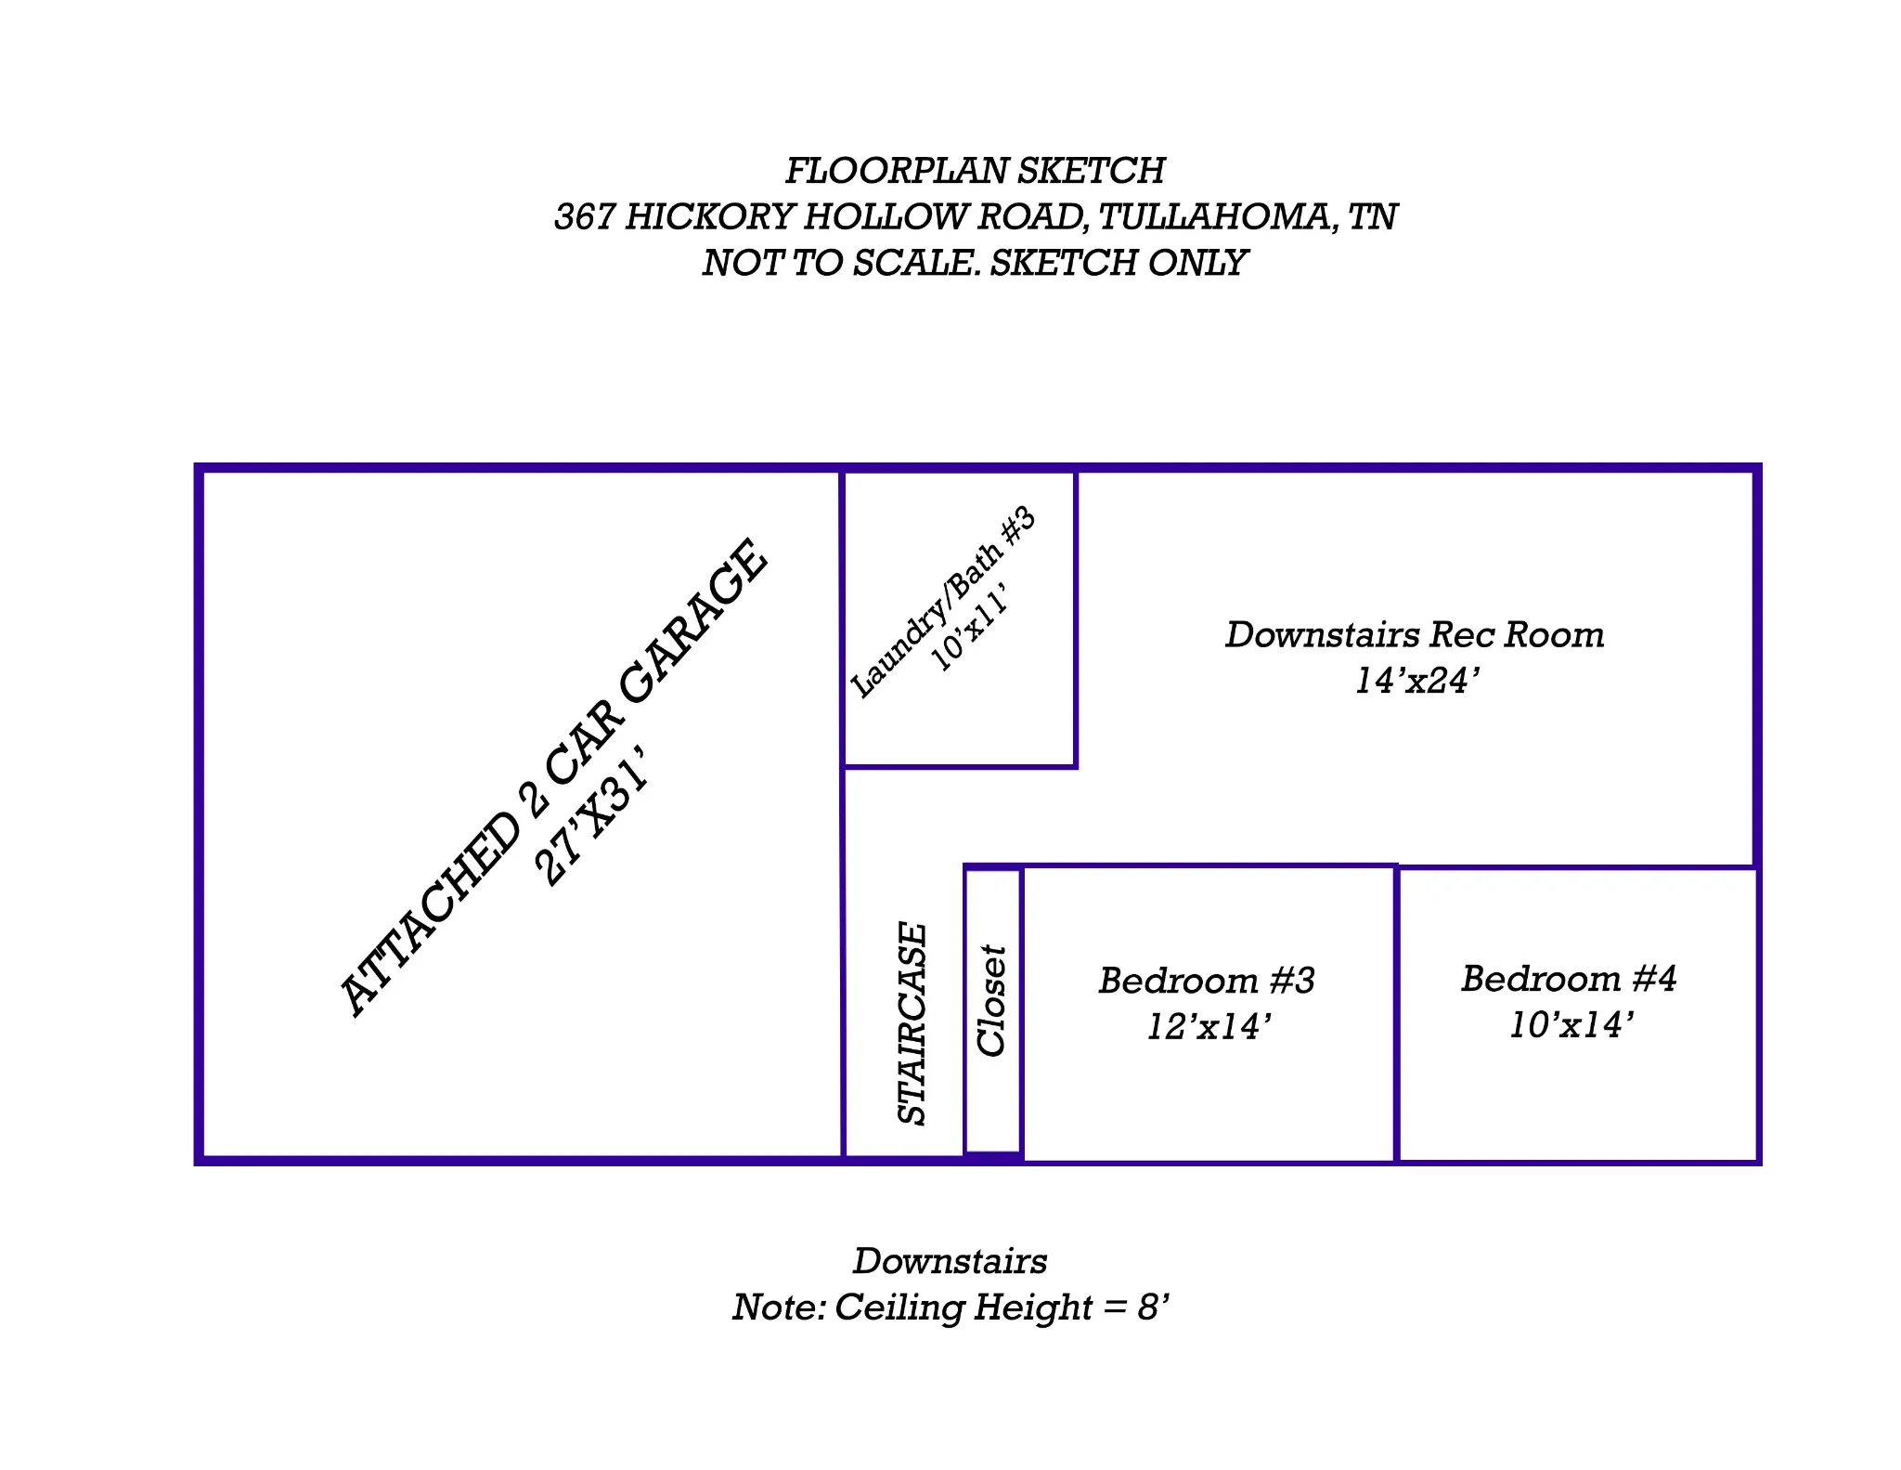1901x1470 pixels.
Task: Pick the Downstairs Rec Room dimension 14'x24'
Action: pos(1415,682)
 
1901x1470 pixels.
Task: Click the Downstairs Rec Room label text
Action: pos(1415,635)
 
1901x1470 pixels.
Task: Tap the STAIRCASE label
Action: pos(913,1023)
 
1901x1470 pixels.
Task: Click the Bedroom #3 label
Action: pos(1207,981)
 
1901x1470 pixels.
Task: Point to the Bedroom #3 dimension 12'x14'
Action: pos(1207,1027)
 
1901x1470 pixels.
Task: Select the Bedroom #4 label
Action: pos(1569,979)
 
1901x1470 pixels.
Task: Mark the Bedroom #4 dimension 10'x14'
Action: pos(1569,1025)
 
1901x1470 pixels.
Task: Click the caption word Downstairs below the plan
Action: pos(950,1261)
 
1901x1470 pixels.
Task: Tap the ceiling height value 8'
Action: pos(1152,1307)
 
